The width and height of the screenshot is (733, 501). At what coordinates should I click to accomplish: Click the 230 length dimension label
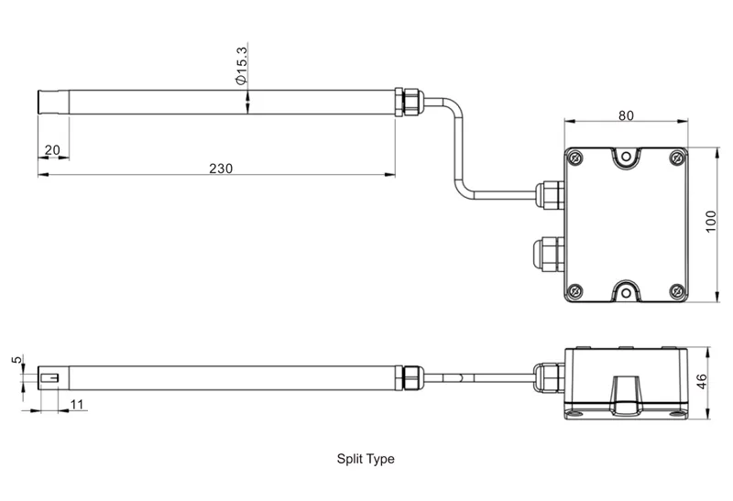click(x=221, y=168)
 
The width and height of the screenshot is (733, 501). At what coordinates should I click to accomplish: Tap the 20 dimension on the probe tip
click(x=51, y=150)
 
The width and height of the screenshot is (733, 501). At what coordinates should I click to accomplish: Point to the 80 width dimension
click(x=626, y=116)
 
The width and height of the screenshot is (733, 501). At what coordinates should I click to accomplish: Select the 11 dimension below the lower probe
click(x=76, y=403)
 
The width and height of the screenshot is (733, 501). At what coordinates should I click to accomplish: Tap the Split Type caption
click(x=365, y=459)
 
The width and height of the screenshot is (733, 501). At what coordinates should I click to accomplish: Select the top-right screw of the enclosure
click(x=676, y=158)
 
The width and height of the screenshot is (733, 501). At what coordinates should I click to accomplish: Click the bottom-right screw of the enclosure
click(x=676, y=292)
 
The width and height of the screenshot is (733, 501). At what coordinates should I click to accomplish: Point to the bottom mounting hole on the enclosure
click(x=627, y=294)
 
